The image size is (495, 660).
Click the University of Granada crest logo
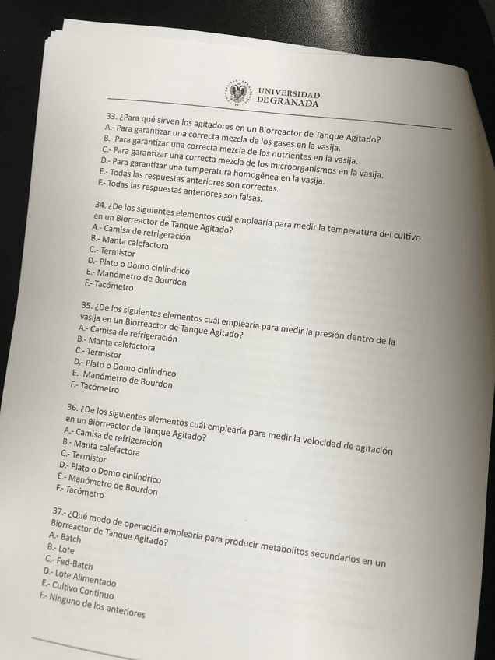(x=238, y=92)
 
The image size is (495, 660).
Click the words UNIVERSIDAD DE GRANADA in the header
(x=287, y=97)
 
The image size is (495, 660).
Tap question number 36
(x=72, y=406)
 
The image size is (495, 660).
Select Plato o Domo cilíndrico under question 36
(x=109, y=472)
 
